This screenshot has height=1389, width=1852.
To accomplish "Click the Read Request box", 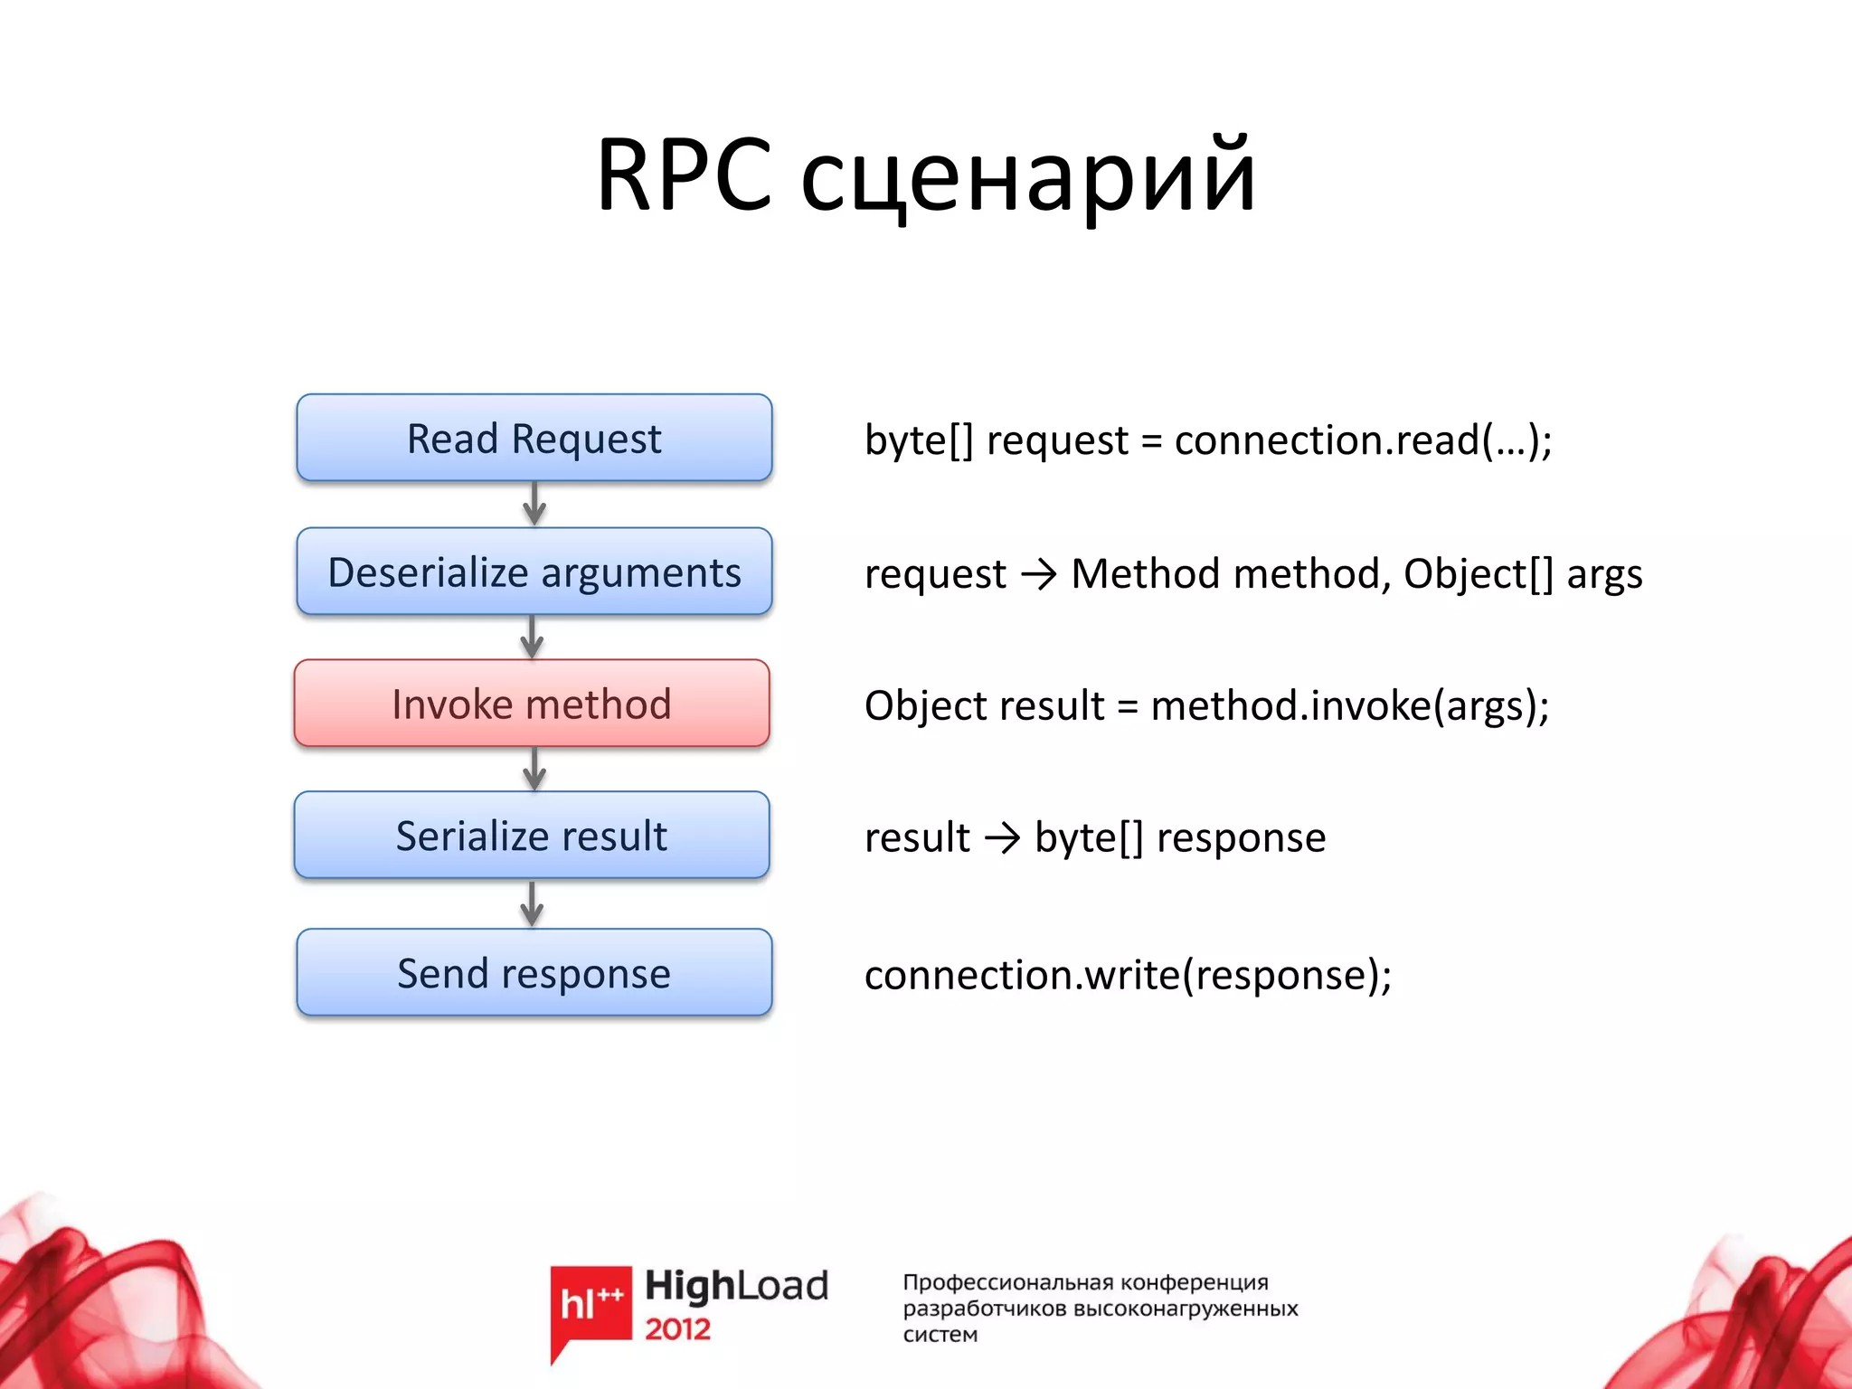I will [534, 439].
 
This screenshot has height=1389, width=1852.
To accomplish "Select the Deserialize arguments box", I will [534, 572].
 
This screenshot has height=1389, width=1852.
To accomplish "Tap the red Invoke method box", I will [532, 704].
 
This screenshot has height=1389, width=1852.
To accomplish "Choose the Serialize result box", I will [532, 836].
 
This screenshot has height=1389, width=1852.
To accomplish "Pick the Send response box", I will [534, 973].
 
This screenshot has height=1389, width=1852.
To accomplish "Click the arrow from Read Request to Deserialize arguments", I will [534, 504].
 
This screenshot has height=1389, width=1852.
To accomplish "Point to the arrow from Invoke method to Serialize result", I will [534, 769].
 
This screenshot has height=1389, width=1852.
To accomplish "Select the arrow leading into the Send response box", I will [533, 903].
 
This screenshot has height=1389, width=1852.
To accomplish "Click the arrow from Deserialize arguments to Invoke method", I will [533, 638].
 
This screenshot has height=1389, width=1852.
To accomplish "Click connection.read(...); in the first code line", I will [1363, 440].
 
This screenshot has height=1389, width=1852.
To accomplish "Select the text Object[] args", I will [1522, 573].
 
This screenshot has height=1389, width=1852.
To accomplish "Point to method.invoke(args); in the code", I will [1349, 705].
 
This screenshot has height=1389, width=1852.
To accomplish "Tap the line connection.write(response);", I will [1128, 975].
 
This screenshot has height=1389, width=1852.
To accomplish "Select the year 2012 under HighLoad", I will [677, 1329].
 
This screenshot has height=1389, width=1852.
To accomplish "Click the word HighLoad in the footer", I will [736, 1286].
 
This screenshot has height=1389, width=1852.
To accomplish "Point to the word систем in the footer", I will [940, 1335].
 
